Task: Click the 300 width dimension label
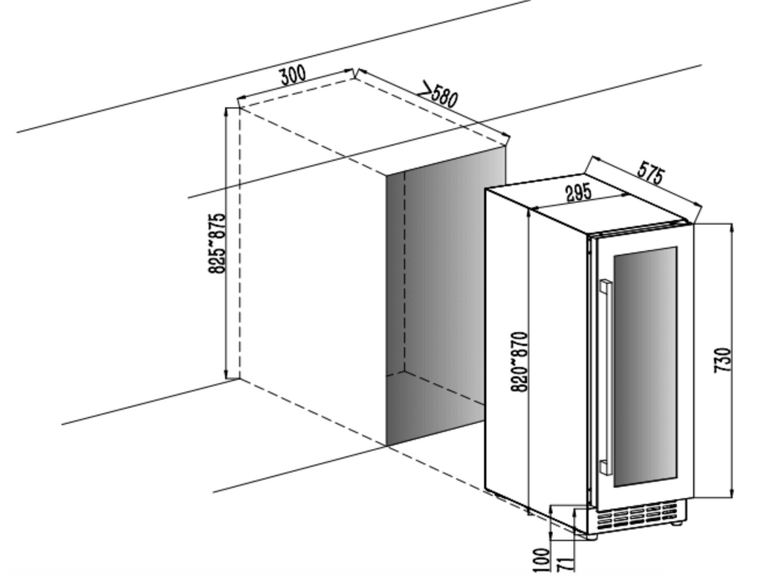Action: pyautogui.click(x=293, y=76)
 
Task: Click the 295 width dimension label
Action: pyautogui.click(x=578, y=192)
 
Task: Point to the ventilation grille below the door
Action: pyautogui.click(x=638, y=516)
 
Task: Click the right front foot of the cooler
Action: pyautogui.click(x=676, y=523)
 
